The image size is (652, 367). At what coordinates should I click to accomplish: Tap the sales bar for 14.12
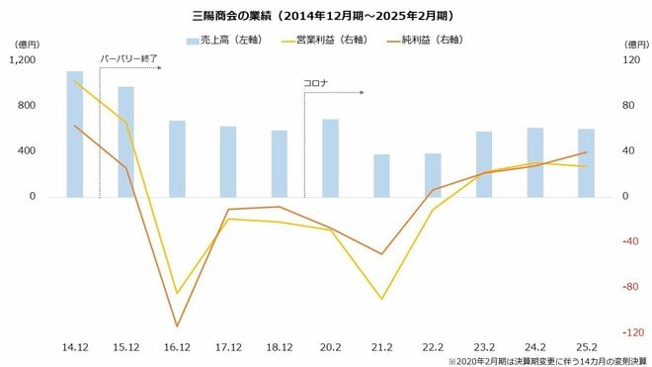coord(75,134)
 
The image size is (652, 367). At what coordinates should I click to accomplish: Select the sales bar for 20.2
coord(330,157)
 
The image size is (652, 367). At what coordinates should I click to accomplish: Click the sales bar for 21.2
coord(381,175)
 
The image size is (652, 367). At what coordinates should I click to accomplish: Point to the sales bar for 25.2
coord(586,162)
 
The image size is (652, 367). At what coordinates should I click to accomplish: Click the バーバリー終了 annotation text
coord(129,58)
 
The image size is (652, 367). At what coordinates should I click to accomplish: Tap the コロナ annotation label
coord(315,82)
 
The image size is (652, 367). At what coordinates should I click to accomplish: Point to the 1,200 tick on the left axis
coord(22,60)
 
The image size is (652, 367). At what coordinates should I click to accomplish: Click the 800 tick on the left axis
coord(27,106)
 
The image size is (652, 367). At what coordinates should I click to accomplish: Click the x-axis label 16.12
coord(177,347)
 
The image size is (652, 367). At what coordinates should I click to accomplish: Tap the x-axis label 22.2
coord(432,347)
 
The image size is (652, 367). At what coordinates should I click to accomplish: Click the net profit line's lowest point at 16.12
coord(177,326)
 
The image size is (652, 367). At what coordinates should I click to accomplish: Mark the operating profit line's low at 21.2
coord(381,299)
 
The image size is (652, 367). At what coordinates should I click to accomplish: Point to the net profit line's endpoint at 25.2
coord(586,152)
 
